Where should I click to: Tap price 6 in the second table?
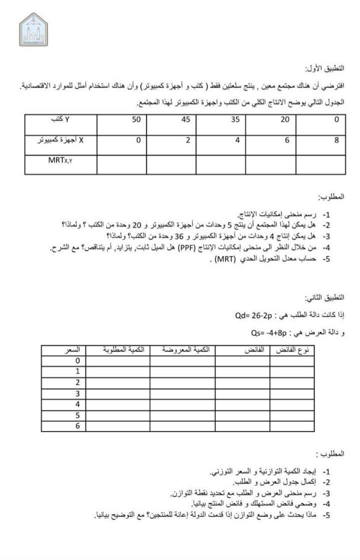coord(77,425)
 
